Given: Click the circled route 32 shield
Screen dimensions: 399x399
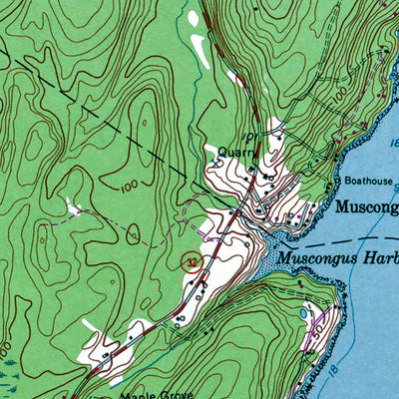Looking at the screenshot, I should tap(190, 261).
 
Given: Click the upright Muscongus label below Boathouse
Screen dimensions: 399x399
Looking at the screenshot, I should tap(367, 208).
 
